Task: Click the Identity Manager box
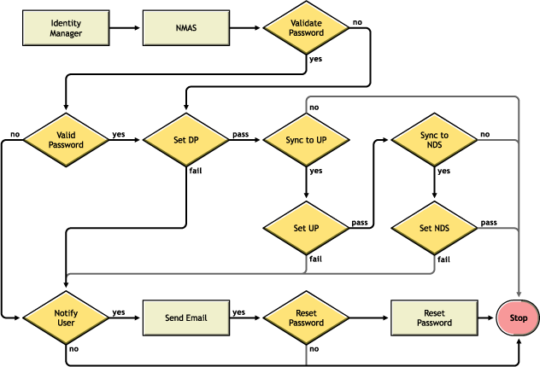tap(66, 28)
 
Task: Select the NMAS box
tap(185, 28)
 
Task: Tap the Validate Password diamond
tap(306, 28)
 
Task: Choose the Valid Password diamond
tap(66, 139)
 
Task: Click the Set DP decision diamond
tap(185, 139)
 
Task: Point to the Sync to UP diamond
tap(306, 139)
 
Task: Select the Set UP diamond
tap(306, 229)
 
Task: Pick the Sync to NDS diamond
tap(434, 139)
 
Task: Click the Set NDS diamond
tap(434, 229)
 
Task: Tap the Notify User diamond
tap(66, 317)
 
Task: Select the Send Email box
tap(185, 317)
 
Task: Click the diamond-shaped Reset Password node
tap(306, 317)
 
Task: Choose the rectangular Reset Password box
tap(434, 317)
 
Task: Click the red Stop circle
tap(518, 317)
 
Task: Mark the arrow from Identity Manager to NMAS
tap(126, 28)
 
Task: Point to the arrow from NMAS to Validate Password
tap(245, 28)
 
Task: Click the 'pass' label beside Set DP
tap(240, 134)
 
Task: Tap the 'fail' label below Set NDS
tap(443, 259)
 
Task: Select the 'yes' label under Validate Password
tap(315, 60)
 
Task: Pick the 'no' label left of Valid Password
tap(15, 134)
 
